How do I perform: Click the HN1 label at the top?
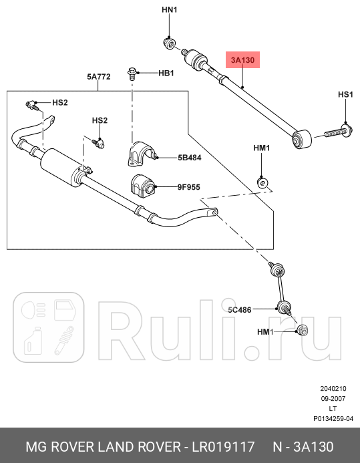pos(170,11)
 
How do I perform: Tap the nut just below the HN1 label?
pos(170,45)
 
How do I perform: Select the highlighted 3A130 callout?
pos(242,60)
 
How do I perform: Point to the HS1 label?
pos(345,95)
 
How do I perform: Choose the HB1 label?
pos(166,73)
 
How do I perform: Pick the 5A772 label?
pos(98,78)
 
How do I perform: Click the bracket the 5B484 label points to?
pos(141,154)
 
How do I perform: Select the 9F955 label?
pos(190,188)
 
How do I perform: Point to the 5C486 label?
pos(238,310)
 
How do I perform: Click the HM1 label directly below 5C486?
pos(265,332)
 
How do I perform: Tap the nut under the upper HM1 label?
pos(263,182)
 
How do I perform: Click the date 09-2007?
pos(333,398)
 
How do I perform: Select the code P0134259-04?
pos(333,419)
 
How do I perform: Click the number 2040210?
pos(333,388)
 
